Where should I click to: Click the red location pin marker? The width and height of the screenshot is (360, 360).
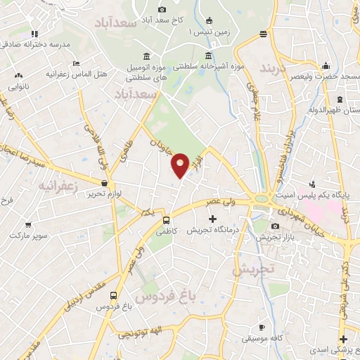(181, 165)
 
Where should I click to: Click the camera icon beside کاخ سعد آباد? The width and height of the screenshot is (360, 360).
(162, 10)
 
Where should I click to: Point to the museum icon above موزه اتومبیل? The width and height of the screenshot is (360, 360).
(146, 56)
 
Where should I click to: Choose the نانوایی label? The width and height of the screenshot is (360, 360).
(18, 87)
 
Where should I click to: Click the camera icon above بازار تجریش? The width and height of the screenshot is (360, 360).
(274, 226)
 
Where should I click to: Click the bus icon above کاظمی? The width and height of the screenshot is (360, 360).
(166, 219)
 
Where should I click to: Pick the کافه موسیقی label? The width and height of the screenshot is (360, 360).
(262, 338)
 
